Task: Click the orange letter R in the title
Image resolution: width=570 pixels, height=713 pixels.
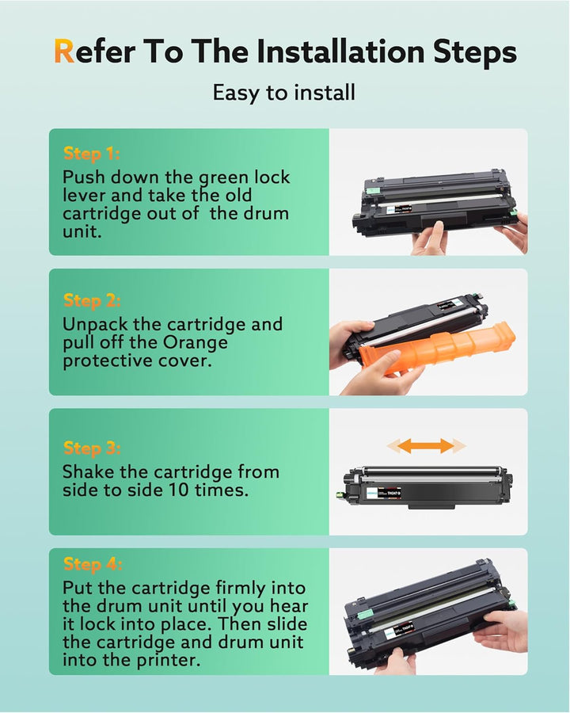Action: pyautogui.click(x=63, y=52)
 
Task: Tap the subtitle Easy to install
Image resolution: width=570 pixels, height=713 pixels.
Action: pyautogui.click(x=284, y=93)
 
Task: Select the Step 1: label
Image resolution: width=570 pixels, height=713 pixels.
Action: pyautogui.click(x=91, y=154)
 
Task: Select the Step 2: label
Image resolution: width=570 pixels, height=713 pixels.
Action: pyautogui.click(x=92, y=300)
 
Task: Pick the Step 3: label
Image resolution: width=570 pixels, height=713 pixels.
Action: pyautogui.click(x=92, y=448)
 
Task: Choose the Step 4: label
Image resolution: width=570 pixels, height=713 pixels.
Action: pyautogui.click(x=92, y=564)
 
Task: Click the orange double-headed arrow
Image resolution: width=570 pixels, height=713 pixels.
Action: pyautogui.click(x=426, y=445)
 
